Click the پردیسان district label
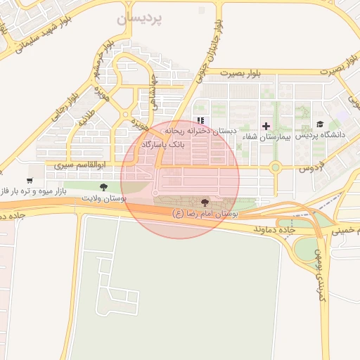140,20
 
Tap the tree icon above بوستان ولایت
103,187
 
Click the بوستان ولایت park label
103,199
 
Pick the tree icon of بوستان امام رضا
205,202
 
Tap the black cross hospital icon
266,126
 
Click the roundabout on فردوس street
275,167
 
